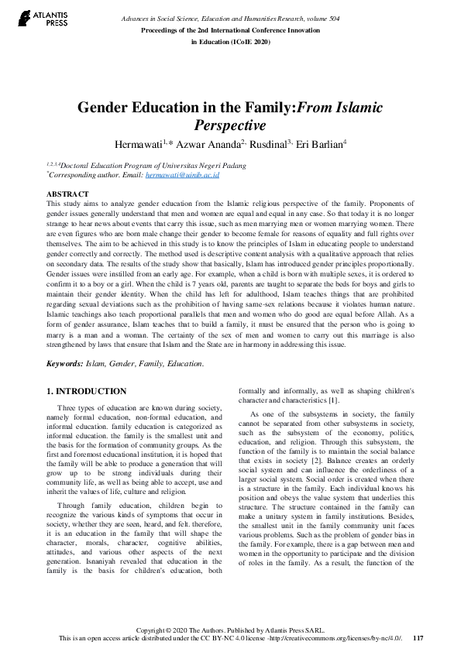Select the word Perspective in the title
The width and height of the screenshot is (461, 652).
[230, 125]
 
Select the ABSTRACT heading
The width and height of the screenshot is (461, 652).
[67, 193]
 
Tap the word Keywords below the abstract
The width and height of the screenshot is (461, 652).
[64, 363]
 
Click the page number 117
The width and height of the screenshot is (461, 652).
[418, 637]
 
